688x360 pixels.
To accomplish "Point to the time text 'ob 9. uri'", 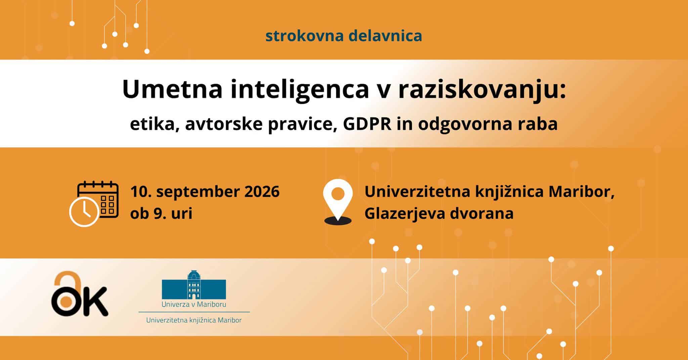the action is click(x=161, y=214).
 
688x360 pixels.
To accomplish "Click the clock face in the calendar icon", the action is click(x=84, y=212).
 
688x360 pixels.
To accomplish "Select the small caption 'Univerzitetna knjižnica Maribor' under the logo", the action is click(x=194, y=320).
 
